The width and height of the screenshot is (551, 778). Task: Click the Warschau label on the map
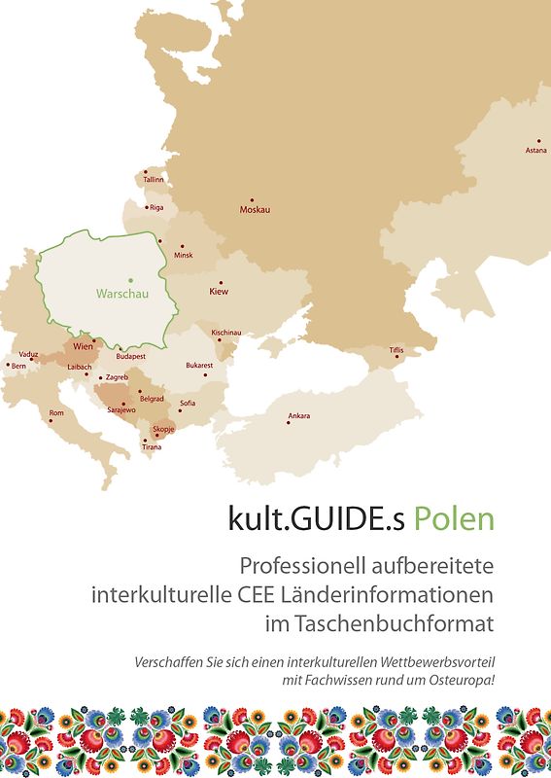[121, 293]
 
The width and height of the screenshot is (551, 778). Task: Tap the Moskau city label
[255, 210]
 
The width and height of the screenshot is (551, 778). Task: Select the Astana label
[535, 151]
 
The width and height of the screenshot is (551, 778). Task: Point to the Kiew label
[219, 291]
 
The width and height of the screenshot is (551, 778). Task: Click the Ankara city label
[298, 416]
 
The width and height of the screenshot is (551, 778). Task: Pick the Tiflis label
[396, 349]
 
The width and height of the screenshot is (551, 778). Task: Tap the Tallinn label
[154, 180]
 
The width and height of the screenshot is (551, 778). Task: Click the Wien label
[83, 346]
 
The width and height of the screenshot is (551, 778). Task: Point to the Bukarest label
[199, 366]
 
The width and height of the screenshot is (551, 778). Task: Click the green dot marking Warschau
[130, 280]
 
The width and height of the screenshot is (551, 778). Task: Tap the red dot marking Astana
[539, 139]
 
